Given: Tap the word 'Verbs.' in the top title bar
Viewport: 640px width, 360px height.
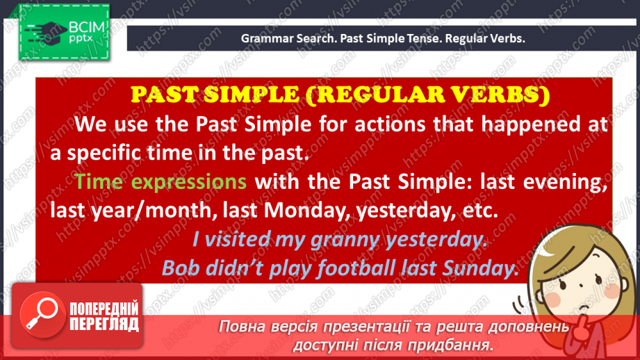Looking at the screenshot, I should tap(507, 38).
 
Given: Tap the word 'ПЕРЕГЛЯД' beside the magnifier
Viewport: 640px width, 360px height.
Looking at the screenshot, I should tap(106, 324).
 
